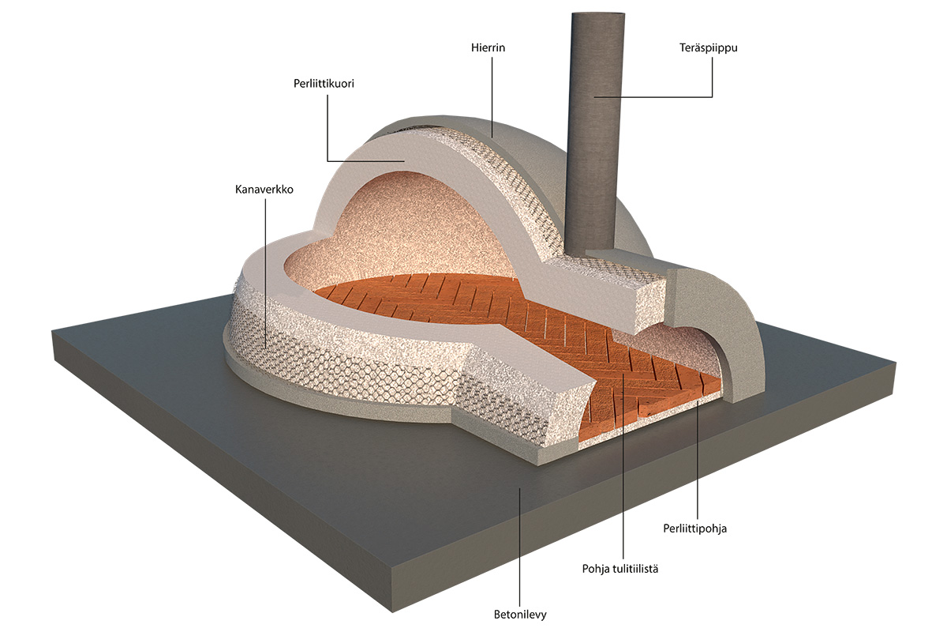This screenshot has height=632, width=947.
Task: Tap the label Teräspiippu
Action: click(x=713, y=48)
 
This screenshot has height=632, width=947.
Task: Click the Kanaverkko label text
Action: click(x=264, y=190)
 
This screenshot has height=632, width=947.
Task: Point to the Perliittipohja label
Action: click(x=694, y=529)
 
